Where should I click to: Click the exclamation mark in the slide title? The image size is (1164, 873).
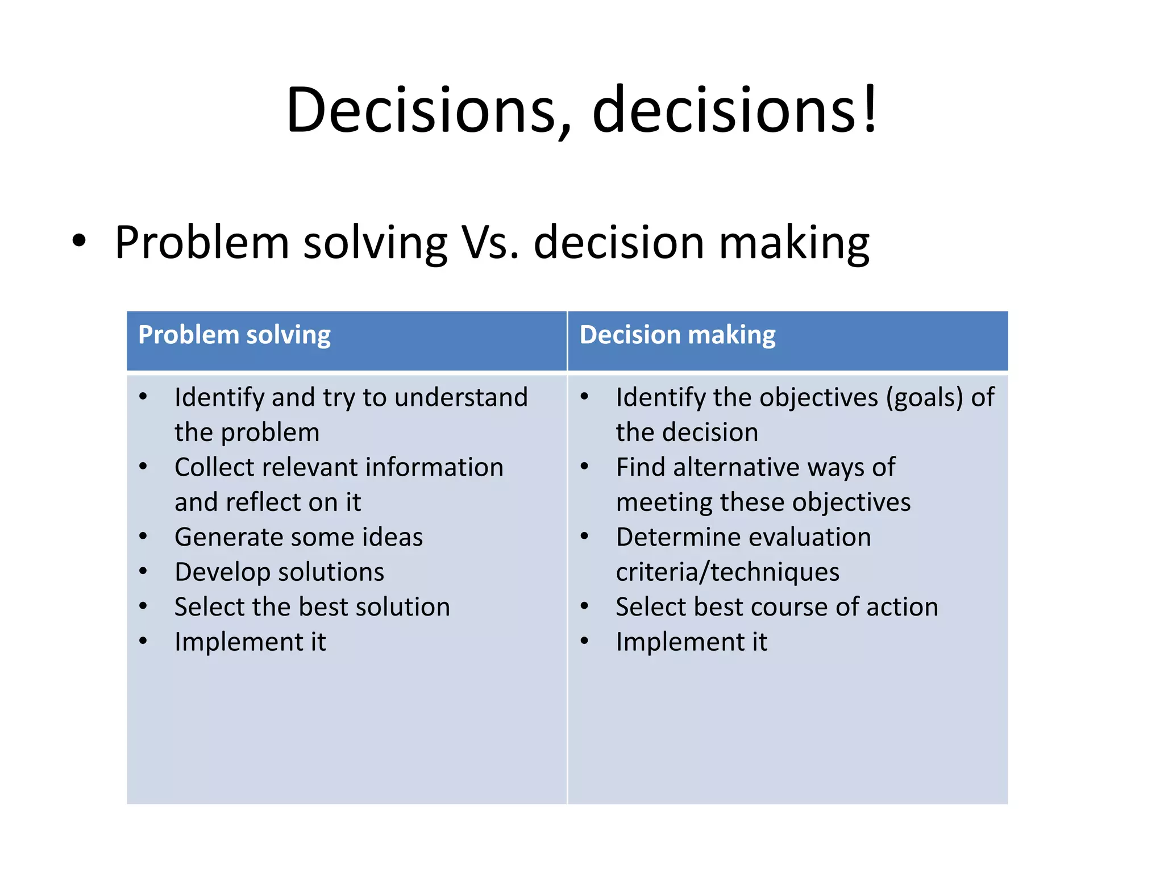click(869, 109)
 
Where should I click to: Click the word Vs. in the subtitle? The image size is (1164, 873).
click(490, 243)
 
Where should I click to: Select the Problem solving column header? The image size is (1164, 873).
click(234, 335)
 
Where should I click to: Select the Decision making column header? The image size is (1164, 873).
click(677, 335)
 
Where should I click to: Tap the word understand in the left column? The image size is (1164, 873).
click(461, 397)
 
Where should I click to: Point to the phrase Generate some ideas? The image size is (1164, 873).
click(298, 537)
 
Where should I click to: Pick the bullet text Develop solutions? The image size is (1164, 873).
click(279, 572)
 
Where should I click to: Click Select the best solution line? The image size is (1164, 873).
click(312, 607)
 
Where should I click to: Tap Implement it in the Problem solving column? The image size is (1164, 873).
click(250, 642)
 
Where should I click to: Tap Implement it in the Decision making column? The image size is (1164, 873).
click(691, 642)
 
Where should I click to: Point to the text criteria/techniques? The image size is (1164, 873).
click(727, 572)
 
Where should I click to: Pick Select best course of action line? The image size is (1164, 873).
click(776, 607)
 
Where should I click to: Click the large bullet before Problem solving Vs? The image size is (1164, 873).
click(79, 241)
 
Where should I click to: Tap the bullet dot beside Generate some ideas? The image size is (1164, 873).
click(143, 537)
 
